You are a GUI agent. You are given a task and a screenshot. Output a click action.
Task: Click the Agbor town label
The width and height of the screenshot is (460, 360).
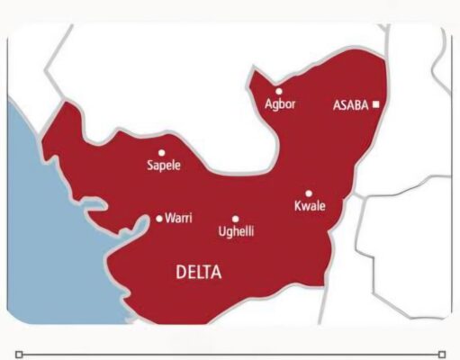click(x=280, y=104)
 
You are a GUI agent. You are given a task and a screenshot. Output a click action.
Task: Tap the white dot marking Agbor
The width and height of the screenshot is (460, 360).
click(x=279, y=91)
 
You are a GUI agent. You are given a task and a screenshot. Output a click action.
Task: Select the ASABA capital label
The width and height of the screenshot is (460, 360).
click(x=351, y=104)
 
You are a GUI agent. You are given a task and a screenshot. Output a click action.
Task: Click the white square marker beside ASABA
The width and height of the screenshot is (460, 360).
click(x=376, y=104)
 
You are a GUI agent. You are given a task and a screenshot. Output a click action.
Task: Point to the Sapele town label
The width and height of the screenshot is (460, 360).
click(x=163, y=166)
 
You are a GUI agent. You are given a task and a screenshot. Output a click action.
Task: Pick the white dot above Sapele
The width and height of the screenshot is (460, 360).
click(x=162, y=153)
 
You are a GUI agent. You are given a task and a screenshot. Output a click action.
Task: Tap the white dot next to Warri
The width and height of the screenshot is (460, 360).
click(x=159, y=218)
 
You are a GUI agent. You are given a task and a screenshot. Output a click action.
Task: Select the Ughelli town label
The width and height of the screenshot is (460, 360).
click(x=237, y=232)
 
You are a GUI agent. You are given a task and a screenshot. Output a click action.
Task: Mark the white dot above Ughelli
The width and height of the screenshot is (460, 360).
click(x=236, y=219)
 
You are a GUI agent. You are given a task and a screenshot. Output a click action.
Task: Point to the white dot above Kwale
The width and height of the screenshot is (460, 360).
click(x=309, y=193)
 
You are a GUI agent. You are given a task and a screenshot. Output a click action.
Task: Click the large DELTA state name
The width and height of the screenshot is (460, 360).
click(x=199, y=272)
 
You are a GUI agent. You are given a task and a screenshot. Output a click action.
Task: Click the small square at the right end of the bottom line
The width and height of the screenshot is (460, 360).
click(x=441, y=355)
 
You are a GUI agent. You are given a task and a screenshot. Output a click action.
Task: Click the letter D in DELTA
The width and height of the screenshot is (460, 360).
click(x=179, y=272)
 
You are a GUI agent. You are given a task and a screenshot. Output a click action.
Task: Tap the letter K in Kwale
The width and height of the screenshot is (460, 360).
click(x=299, y=207)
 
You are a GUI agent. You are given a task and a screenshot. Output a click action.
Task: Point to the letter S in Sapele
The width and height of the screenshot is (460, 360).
click(x=149, y=166)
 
